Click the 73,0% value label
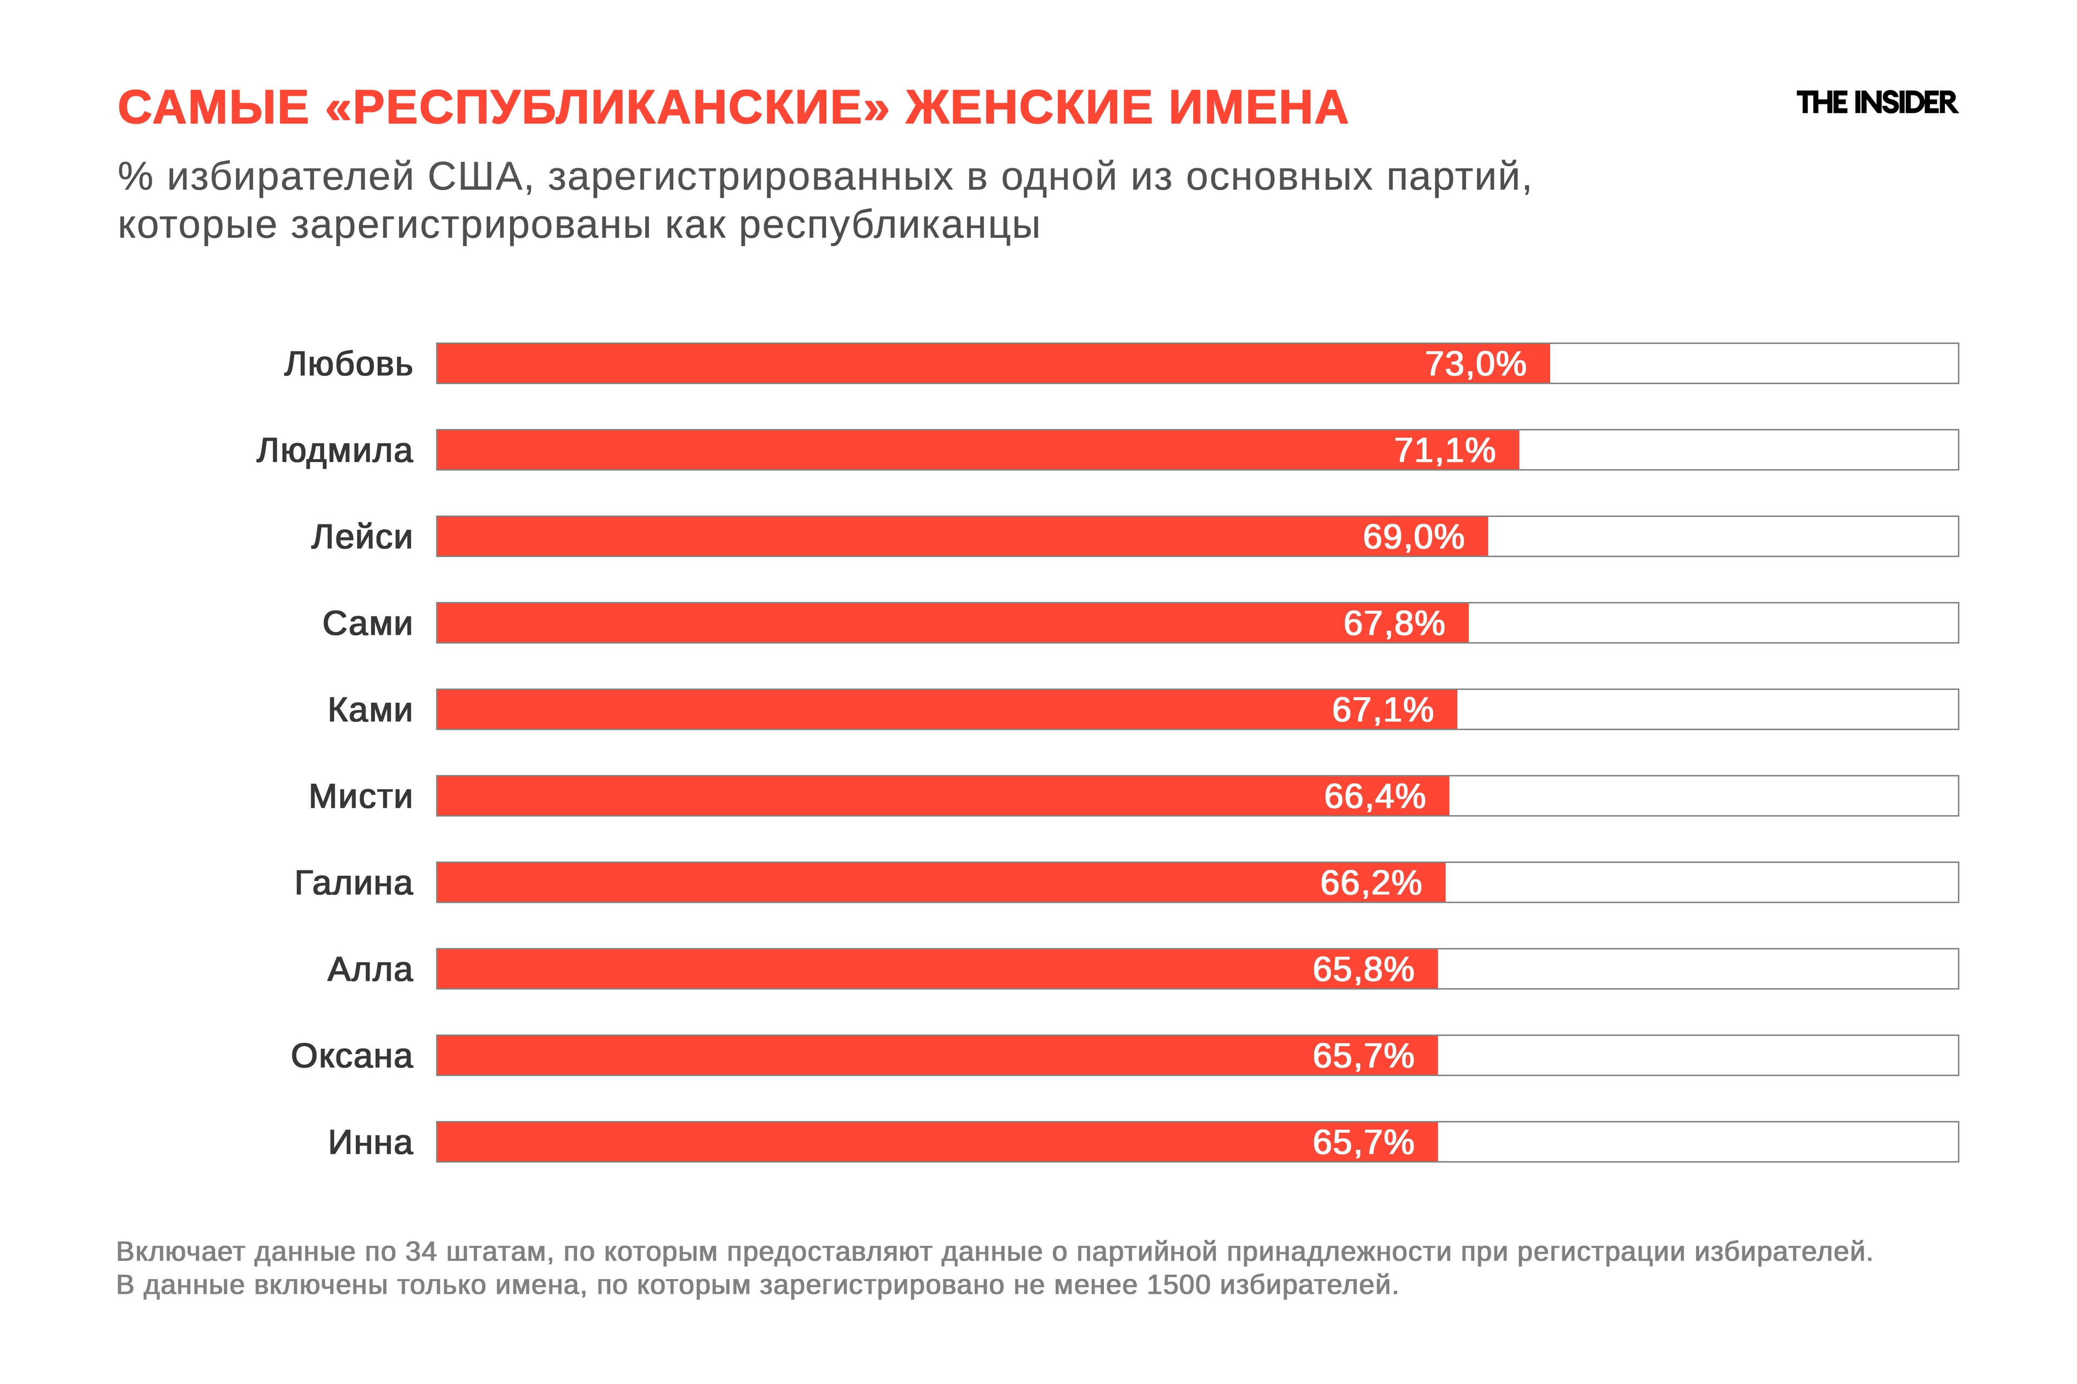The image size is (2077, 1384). [1475, 364]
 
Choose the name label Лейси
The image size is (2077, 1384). [361, 537]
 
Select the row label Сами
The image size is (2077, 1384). [367, 623]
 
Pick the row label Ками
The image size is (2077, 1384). [370, 710]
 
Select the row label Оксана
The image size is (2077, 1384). [352, 1056]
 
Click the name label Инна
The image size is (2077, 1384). [370, 1142]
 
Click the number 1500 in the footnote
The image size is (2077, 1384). [1179, 1285]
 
